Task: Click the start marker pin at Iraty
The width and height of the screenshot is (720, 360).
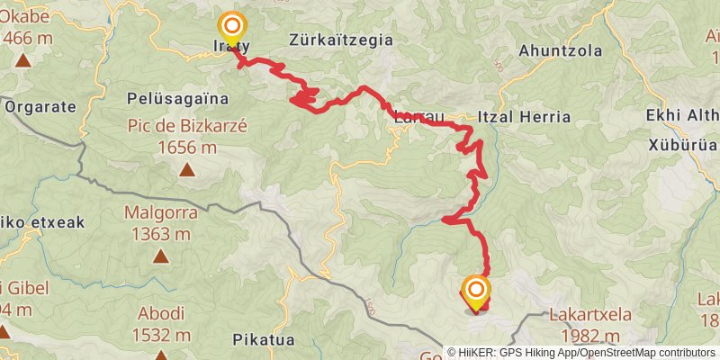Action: [x=233, y=27]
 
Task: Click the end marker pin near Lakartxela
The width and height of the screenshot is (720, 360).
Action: [x=476, y=292]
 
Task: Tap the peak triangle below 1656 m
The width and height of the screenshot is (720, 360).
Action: [x=187, y=169]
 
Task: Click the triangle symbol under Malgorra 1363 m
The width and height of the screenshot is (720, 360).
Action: [x=160, y=256]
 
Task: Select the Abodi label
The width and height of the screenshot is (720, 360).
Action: [x=160, y=313]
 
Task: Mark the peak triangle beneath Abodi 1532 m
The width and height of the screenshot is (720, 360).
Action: [x=160, y=355]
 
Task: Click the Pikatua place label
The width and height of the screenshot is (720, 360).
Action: [x=265, y=341]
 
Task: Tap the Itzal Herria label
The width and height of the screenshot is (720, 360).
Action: [x=526, y=117]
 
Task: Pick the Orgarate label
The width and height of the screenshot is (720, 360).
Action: [x=41, y=105]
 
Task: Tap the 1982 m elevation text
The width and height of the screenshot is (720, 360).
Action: [x=603, y=335]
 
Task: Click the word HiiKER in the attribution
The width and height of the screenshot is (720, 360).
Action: [x=485, y=353]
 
